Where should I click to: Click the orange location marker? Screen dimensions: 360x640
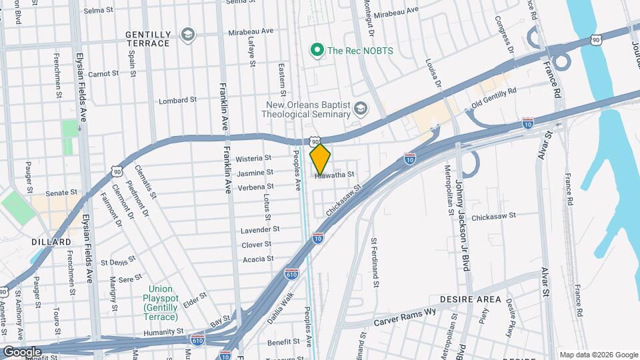(320, 159)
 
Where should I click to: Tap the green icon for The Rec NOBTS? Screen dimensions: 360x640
(317, 49)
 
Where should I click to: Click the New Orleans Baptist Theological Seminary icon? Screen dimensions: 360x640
(361, 109)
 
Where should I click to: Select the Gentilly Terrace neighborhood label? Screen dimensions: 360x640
(147, 39)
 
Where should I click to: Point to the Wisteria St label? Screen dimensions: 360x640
(254, 159)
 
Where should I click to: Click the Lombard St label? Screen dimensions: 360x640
(177, 101)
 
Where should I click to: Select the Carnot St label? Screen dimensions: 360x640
(103, 73)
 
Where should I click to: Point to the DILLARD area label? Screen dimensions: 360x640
(51, 241)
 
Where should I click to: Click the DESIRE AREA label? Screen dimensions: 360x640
(470, 299)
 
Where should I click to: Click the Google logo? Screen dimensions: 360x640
(22, 351)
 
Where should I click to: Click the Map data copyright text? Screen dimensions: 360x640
(597, 354)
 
